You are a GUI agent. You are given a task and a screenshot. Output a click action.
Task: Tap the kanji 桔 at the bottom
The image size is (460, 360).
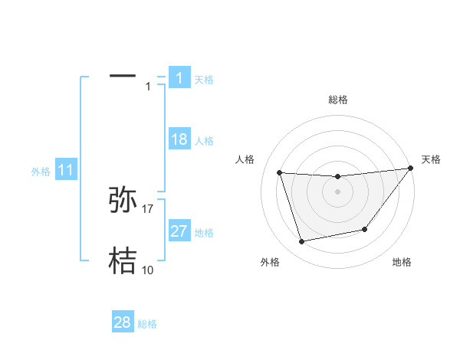point(123,260)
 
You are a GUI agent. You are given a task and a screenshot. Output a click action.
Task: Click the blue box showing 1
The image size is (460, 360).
point(179,77)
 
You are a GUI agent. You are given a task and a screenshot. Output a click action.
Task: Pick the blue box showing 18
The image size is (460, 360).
point(179,139)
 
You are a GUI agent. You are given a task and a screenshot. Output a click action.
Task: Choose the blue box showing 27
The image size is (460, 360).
point(179,231)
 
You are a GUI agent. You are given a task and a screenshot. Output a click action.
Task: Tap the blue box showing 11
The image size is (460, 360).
point(66,170)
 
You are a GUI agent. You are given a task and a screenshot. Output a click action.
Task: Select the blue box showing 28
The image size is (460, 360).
point(123,322)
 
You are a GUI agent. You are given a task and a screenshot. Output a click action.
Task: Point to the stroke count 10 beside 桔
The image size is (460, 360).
point(148,270)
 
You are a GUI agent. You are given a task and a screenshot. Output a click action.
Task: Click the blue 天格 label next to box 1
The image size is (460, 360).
point(204,79)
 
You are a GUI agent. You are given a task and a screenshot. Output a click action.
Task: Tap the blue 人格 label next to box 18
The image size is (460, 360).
point(204,140)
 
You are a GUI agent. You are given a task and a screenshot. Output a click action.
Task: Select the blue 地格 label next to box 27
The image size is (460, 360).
point(204,232)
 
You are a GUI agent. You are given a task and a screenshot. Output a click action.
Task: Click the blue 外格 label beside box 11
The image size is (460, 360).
point(41,172)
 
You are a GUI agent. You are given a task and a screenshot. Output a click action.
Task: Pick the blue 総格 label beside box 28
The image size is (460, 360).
point(147,324)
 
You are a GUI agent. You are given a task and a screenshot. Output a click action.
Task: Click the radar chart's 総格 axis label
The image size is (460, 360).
point(337,100)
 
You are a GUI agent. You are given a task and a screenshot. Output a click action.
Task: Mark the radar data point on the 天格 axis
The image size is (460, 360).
point(410,169)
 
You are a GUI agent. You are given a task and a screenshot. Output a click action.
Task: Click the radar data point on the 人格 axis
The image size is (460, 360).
point(279,172)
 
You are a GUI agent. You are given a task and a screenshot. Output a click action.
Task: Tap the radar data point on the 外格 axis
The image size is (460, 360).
point(301,242)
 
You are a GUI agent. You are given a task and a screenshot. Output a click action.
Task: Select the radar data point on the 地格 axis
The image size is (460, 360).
point(365,229)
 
